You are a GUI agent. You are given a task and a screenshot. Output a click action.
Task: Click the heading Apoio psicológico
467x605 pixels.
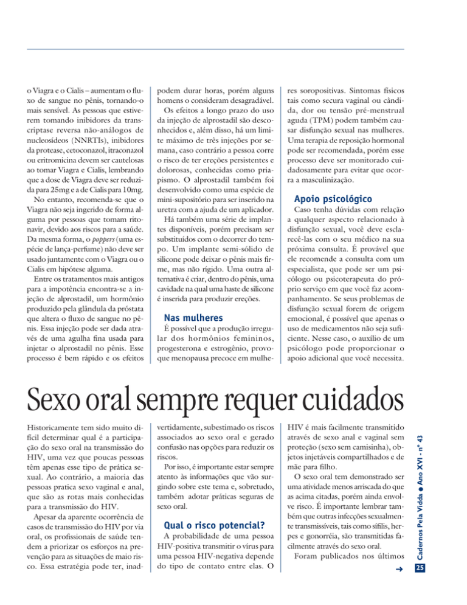click(x=337, y=198)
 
